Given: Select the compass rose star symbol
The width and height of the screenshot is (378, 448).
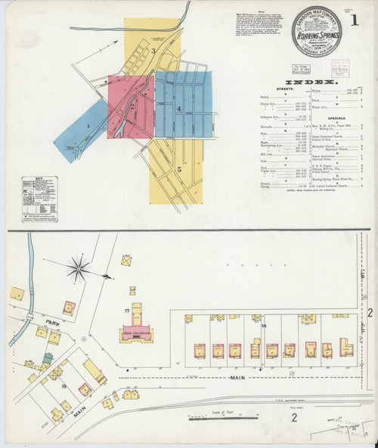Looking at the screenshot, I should pos(79,267).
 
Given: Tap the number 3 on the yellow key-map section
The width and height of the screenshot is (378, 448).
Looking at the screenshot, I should pos(153,51).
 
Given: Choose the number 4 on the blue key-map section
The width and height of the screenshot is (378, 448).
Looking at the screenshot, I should pos(178,109).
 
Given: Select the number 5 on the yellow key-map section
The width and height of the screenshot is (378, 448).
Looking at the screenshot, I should pos(179,169).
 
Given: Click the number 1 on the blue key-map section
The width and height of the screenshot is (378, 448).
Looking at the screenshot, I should pos(88,125).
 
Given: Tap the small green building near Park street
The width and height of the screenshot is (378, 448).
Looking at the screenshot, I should pos(55,340).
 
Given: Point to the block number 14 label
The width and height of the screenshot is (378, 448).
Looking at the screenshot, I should pos(264,326).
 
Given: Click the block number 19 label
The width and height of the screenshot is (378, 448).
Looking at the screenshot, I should pos(64,386).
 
